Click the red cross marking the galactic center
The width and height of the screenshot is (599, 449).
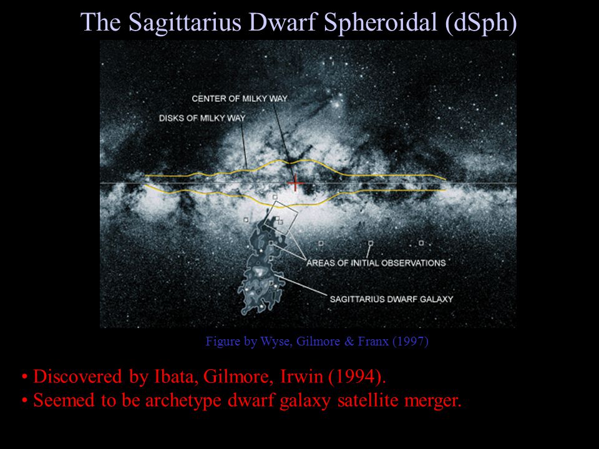pyautogui.click(x=295, y=184)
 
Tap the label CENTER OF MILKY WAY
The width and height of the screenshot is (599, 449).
pyautogui.click(x=240, y=99)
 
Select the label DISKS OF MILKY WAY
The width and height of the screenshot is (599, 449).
pyautogui.click(x=202, y=118)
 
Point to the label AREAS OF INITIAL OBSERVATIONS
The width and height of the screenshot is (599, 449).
pyautogui.click(x=376, y=263)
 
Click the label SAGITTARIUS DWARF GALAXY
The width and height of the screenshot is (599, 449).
pyautogui.click(x=392, y=299)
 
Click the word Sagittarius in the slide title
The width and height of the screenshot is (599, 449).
pyautogui.click(x=185, y=22)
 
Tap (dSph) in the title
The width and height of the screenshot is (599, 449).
pyautogui.click(x=481, y=22)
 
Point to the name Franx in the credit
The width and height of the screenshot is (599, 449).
pyautogui.click(x=373, y=341)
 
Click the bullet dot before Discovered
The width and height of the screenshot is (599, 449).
pyautogui.click(x=25, y=377)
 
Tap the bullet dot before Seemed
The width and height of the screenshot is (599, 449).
pyautogui.click(x=25, y=401)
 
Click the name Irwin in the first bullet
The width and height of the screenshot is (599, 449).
pyautogui.click(x=301, y=377)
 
